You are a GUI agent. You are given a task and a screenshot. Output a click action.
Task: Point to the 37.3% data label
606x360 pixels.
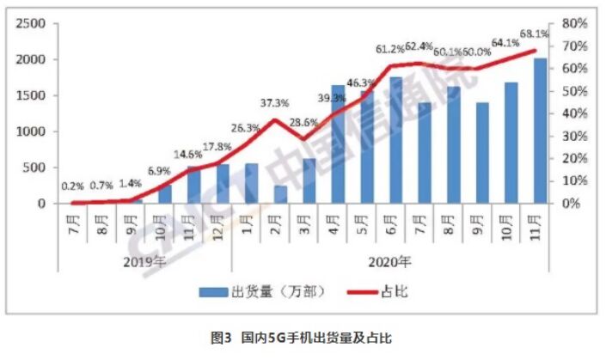tap(275, 103)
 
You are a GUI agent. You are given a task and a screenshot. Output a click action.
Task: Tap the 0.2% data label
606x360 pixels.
tap(72, 186)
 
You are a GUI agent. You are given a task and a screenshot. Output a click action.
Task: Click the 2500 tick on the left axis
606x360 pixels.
tap(32, 23)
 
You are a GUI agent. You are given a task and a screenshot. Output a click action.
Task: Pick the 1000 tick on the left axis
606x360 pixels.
tap(32, 131)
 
